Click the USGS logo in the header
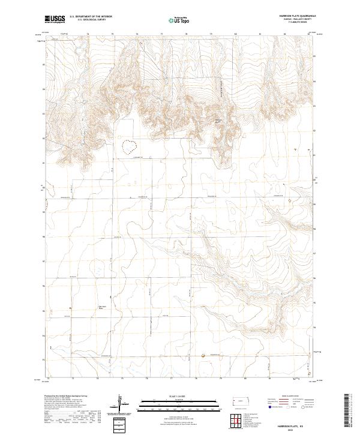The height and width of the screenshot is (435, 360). [x=55, y=20]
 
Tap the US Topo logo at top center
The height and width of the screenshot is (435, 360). [x=179, y=20]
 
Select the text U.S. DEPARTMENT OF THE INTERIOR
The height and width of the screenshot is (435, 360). [x=91, y=17]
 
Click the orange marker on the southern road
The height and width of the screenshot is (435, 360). [x=203, y=356]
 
